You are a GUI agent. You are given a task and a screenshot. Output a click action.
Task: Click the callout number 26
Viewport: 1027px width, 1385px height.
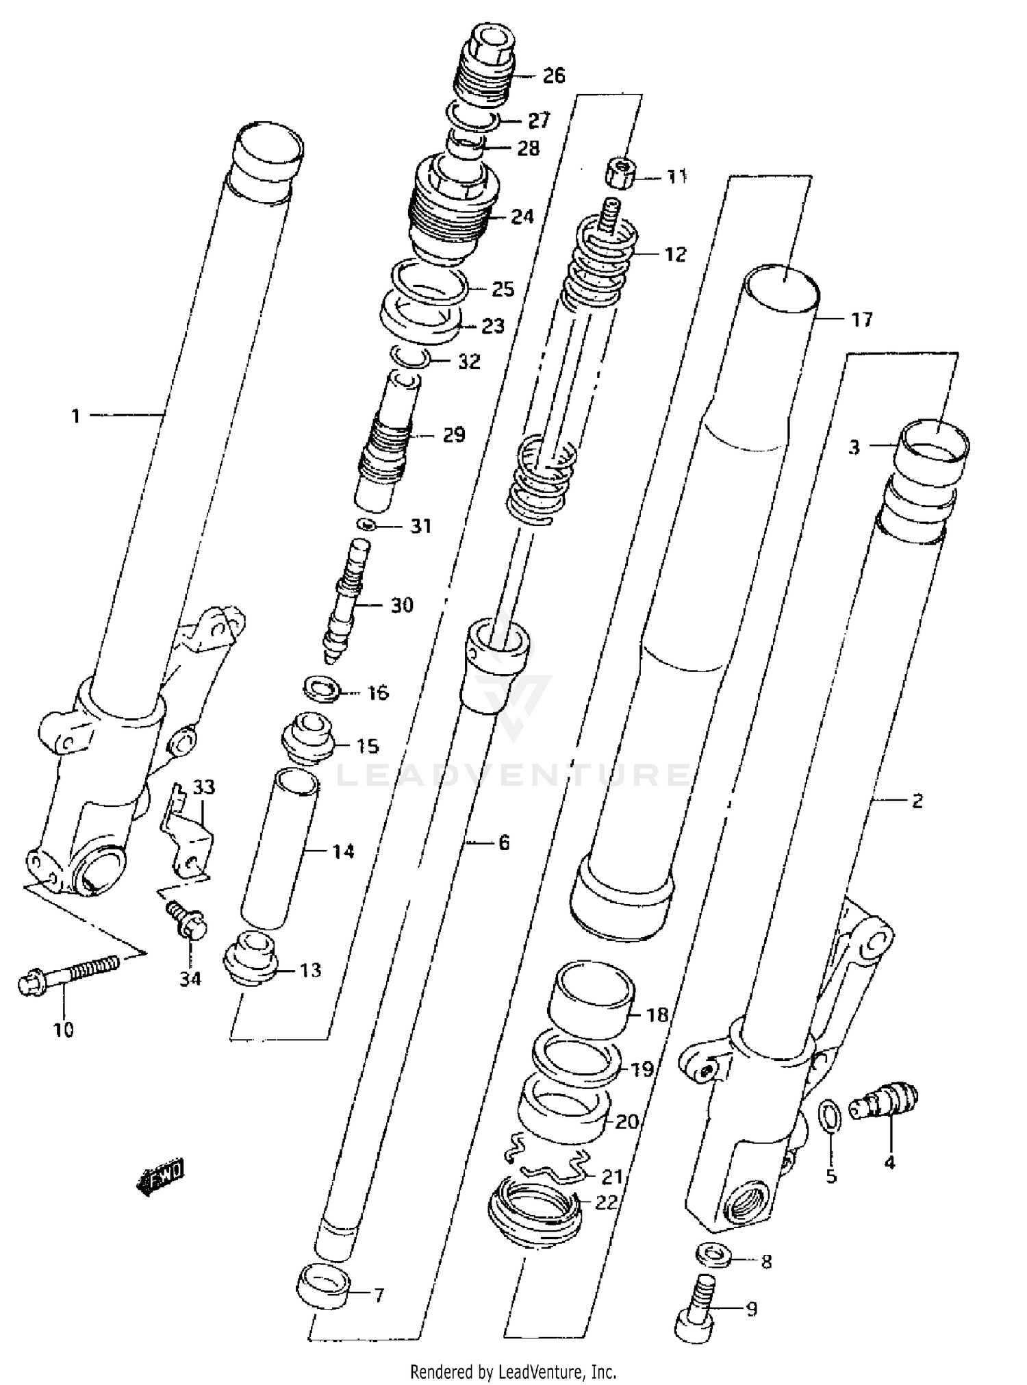(x=554, y=75)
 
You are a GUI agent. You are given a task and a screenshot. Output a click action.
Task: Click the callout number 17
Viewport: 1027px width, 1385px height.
(x=861, y=319)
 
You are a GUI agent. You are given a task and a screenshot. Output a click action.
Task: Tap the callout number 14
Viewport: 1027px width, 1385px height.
(x=344, y=851)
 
